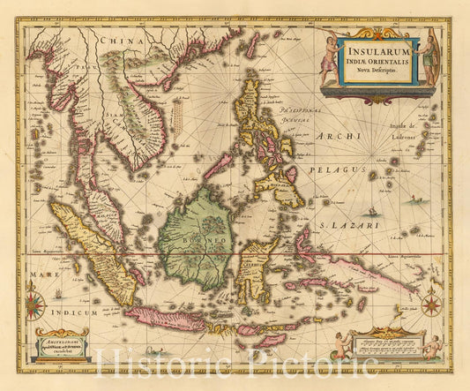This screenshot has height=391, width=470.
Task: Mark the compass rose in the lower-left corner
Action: [35, 307]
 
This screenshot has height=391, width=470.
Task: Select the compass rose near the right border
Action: [431, 305]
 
